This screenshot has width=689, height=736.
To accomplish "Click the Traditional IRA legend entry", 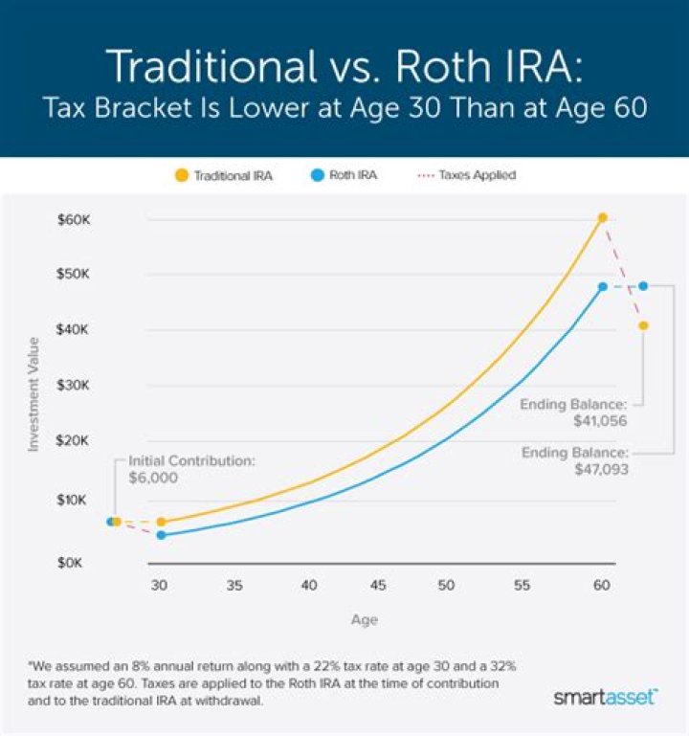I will [224, 176].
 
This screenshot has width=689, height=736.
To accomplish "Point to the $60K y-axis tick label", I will [72, 219].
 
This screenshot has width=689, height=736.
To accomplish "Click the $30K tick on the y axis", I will [72, 386].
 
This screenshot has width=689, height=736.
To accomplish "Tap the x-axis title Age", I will [364, 619].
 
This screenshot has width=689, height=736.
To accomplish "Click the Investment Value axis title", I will [33, 393].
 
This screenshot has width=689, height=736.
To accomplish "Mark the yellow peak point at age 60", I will [602, 218].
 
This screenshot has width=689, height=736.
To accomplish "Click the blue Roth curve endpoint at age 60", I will [603, 286].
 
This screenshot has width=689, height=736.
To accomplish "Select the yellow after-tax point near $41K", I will [643, 325].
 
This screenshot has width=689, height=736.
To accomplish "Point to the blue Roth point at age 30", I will [161, 535].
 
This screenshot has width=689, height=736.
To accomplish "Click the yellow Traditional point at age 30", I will [161, 522].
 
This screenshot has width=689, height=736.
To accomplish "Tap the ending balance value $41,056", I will [601, 420].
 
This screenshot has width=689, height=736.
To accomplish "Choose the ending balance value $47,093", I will [601, 469].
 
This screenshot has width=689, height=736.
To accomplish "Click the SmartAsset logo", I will [605, 696].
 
